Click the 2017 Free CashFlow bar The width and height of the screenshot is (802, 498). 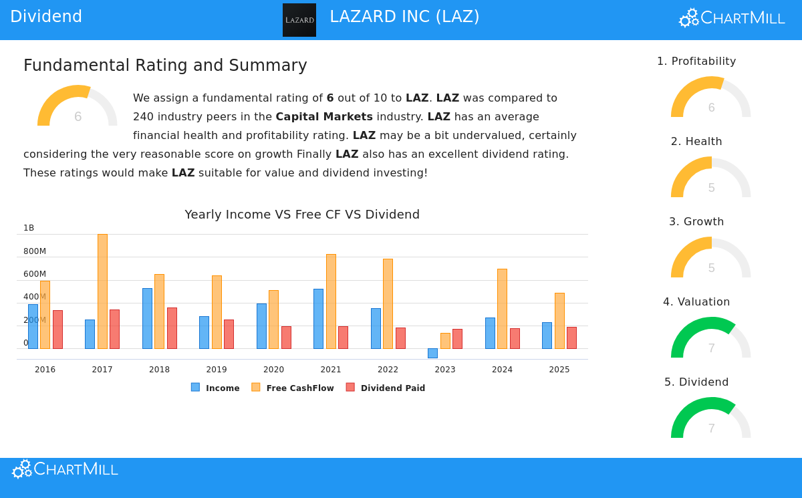pyautogui.click(x=102, y=291)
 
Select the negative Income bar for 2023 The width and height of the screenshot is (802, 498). pyautogui.click(x=432, y=353)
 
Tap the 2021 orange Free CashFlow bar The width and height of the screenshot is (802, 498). pyautogui.click(x=331, y=301)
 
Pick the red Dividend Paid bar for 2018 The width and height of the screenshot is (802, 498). pyautogui.click(x=172, y=328)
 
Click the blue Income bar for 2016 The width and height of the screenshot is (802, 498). pyautogui.click(x=33, y=326)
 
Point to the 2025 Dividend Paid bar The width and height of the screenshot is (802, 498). pyautogui.click(x=571, y=338)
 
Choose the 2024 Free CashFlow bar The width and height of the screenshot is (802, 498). pyautogui.click(x=502, y=308)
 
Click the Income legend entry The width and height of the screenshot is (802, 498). pyautogui.click(x=215, y=388)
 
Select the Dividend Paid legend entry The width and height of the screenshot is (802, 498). pyautogui.click(x=386, y=388)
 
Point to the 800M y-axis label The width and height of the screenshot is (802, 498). pyautogui.click(x=35, y=251)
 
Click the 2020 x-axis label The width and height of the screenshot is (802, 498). pyautogui.click(x=273, y=370)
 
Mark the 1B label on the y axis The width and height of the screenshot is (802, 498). pyautogui.click(x=29, y=228)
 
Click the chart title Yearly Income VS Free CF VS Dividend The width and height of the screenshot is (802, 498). pyautogui.click(x=302, y=215)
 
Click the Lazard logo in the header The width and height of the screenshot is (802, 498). pyautogui.click(x=299, y=20)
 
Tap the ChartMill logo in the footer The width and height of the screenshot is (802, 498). pyautogui.click(x=65, y=470)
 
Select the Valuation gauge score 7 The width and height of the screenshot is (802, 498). pyautogui.click(x=711, y=348)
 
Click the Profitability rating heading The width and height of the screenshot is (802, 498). pyautogui.click(x=696, y=61)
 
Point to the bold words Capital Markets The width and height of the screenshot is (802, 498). pyautogui.click(x=324, y=117)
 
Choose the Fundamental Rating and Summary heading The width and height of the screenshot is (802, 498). pyautogui.click(x=165, y=66)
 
